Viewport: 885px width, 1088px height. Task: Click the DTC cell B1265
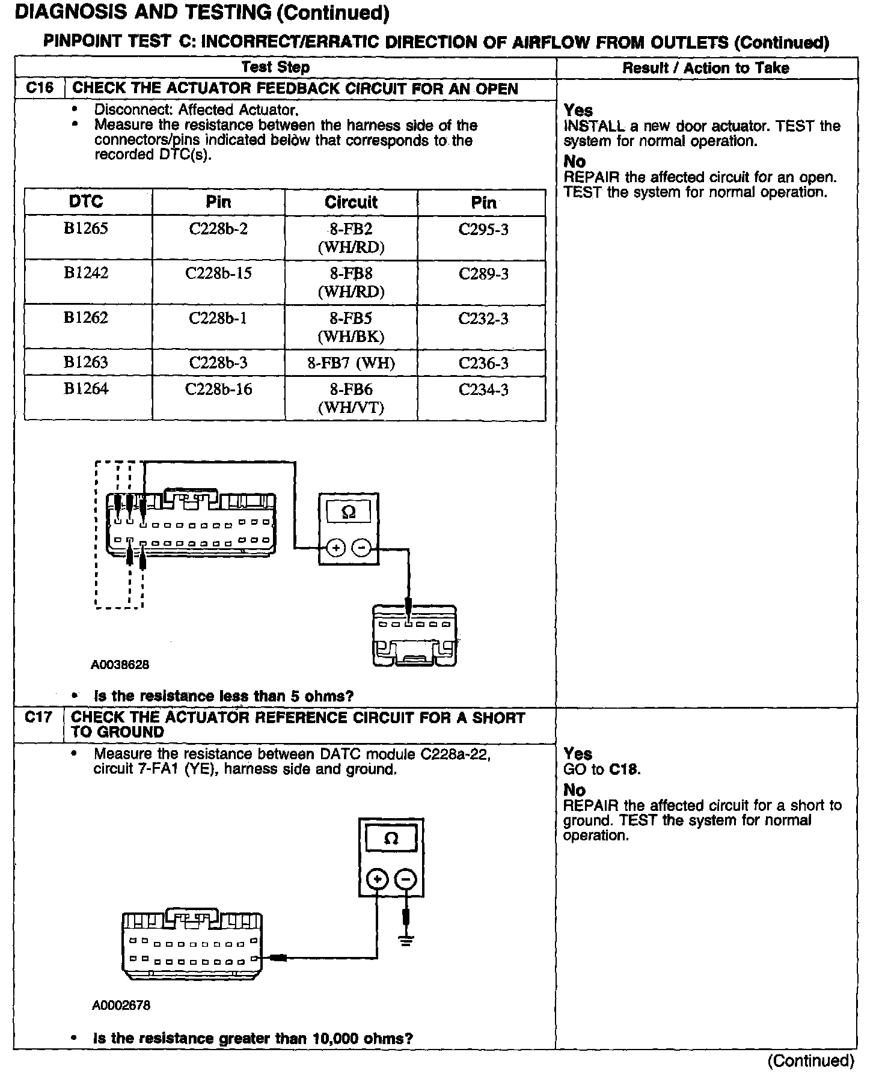[x=86, y=229]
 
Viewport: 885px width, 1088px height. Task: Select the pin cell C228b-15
[x=218, y=274]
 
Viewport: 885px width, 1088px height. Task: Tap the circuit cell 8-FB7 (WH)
[x=351, y=363]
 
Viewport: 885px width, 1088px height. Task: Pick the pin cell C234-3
[x=483, y=390]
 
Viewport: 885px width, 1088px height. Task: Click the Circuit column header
[x=351, y=202]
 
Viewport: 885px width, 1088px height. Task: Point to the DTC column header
[x=86, y=201]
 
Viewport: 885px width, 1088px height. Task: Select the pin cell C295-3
[x=483, y=230]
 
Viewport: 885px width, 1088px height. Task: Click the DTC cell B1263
[x=86, y=362]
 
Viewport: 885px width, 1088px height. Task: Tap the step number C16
[x=40, y=88]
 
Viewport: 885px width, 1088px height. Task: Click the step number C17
[x=39, y=717]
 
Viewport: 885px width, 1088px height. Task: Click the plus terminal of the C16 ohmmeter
[x=335, y=548]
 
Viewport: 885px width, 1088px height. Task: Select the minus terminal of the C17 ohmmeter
[x=406, y=879]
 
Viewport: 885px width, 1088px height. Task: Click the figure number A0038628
[x=120, y=665]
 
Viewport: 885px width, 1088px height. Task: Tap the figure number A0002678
[x=121, y=1005]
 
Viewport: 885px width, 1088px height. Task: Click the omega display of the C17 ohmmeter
[x=391, y=839]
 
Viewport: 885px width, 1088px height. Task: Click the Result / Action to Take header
[x=706, y=68]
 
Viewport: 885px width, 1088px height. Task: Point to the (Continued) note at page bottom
[x=810, y=1061]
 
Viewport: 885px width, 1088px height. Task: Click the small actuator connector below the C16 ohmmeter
[x=414, y=635]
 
